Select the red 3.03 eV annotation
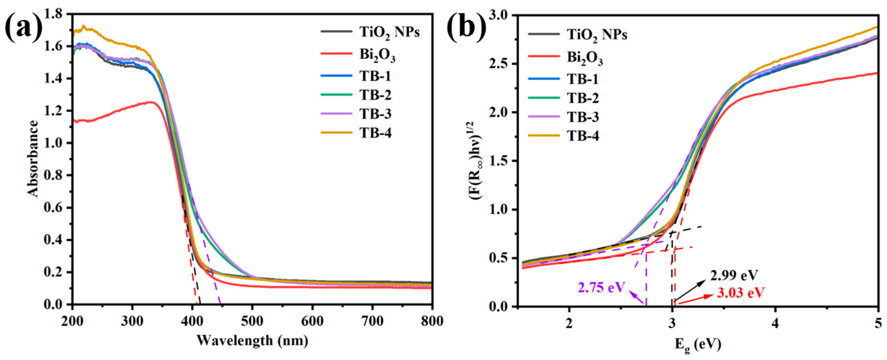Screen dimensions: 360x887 tap(740, 293)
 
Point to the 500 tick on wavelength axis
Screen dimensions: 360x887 tap(252, 321)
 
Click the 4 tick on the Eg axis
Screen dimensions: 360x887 tap(775, 323)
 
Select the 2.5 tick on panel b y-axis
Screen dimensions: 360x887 tap(500, 64)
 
